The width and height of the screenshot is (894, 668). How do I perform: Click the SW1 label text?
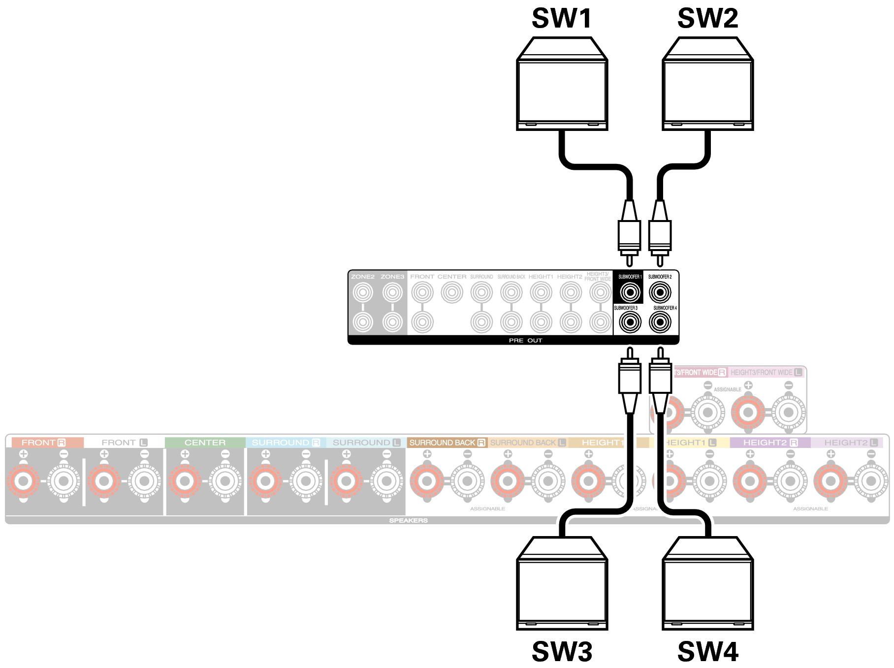click(562, 19)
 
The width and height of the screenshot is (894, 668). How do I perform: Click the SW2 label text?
click(707, 19)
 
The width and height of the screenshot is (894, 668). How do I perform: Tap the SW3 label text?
click(562, 652)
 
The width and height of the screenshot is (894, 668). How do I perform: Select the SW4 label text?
click(707, 652)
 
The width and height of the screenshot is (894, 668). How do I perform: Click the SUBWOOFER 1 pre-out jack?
click(630, 292)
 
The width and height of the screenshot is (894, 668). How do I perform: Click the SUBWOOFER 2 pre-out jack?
click(660, 292)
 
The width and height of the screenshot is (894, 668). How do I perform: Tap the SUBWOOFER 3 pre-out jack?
click(630, 322)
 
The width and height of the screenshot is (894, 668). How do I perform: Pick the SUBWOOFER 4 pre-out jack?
click(660, 322)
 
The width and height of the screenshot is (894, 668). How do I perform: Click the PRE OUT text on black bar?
click(525, 340)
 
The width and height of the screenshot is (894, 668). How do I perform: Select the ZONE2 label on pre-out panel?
click(363, 277)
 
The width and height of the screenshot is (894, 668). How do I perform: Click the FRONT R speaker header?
click(44, 443)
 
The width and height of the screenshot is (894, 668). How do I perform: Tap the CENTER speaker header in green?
click(205, 443)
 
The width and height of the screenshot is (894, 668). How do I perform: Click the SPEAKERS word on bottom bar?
click(408, 520)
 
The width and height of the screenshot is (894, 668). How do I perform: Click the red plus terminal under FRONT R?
click(23, 481)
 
